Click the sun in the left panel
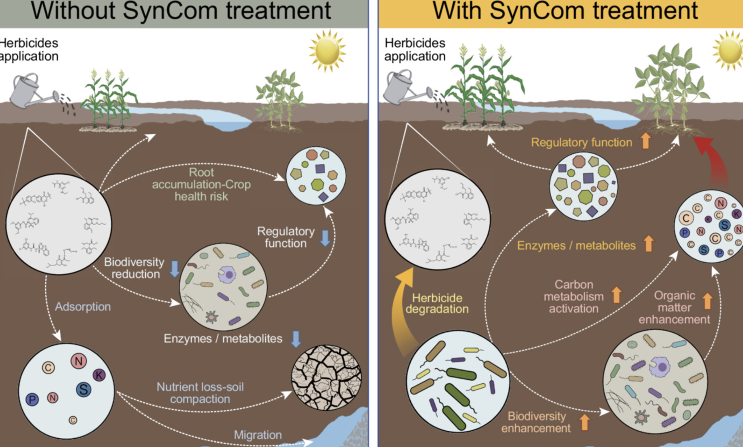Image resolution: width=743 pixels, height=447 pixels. coord(327,50)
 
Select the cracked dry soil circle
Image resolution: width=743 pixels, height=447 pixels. coord(326,377)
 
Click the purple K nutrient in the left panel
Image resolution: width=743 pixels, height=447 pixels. coord(99,375)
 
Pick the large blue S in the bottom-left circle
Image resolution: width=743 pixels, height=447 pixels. coord(83,389)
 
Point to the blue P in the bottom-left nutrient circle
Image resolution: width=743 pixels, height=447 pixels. coord(32,400)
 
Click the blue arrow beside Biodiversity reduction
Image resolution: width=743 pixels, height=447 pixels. coord(175,269)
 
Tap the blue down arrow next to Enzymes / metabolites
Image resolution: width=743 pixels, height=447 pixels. coord(296,339)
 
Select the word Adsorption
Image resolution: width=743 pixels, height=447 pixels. coord(83,307)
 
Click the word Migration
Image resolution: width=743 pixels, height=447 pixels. coord(258,435)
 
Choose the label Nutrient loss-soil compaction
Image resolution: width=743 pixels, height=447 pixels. coord(200,393)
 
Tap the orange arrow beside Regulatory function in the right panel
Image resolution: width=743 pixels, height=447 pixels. coord(645,141)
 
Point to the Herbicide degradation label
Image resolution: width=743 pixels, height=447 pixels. coord(437,303)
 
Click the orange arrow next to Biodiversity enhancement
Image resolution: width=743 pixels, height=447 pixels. coord(584,422)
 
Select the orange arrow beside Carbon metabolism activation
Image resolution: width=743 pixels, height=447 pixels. coord(616,295)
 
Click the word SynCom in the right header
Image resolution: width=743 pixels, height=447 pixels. coord(537,11)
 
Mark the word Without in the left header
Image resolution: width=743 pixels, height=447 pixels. coord(73,11)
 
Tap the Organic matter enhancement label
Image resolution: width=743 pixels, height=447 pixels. coord(674,307)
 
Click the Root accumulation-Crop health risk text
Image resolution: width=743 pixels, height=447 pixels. coord(201,184)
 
